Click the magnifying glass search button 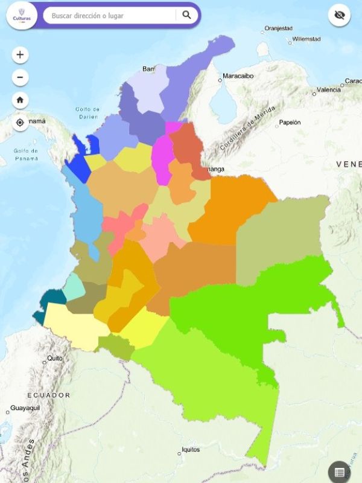186,15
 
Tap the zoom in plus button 20,55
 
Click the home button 20,100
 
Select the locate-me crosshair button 20,123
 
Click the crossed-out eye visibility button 339,16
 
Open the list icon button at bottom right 340,472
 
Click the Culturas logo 22,15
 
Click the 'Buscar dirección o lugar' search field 112,16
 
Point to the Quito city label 55,358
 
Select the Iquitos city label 191,450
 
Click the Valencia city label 328,90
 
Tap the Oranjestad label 278,28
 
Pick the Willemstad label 306,39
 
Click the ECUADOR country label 48,395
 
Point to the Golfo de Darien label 87,113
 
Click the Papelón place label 290,123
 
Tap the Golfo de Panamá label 26,155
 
